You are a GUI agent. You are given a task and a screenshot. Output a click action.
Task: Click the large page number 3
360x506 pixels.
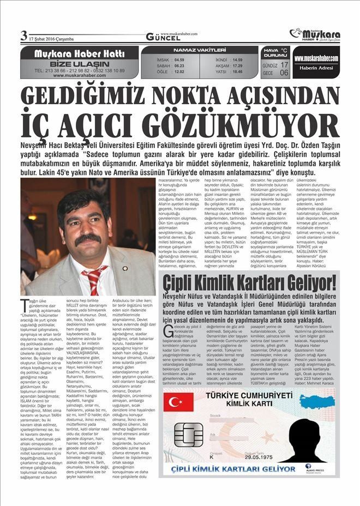23,36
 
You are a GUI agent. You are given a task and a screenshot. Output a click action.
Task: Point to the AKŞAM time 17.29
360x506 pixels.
237,65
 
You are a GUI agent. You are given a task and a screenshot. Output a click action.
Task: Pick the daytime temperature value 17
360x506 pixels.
284,65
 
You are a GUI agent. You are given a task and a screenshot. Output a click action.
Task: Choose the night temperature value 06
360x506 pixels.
284,73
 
